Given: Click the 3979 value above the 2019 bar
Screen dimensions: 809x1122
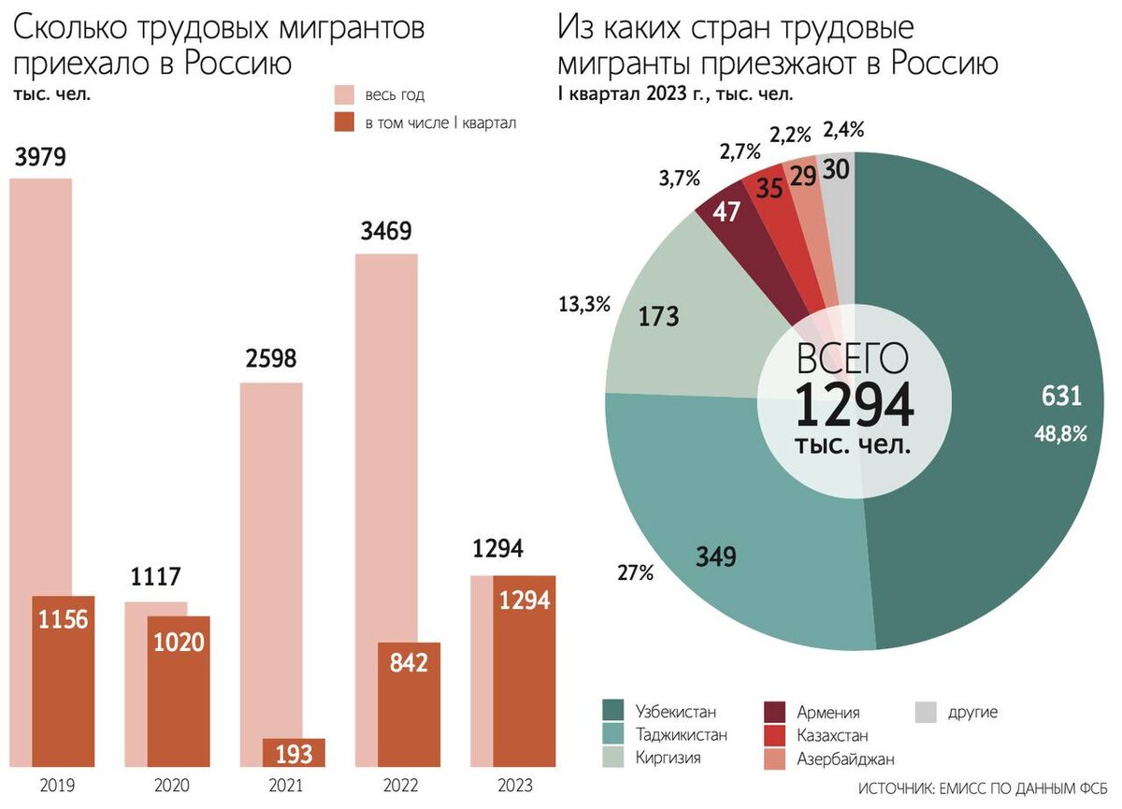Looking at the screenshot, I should pos(40,157).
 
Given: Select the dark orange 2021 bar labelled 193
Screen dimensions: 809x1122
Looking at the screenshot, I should pos(294,752).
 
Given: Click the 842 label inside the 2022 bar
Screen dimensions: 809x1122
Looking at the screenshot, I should pos(410,663).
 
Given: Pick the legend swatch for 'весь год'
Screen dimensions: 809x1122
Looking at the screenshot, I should pos(344,95).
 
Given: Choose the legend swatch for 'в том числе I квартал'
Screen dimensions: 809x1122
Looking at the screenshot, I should pos(344,122).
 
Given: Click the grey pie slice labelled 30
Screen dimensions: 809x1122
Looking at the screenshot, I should pos(838,178).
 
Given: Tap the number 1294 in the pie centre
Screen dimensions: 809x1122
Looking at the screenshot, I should pos(854,405).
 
